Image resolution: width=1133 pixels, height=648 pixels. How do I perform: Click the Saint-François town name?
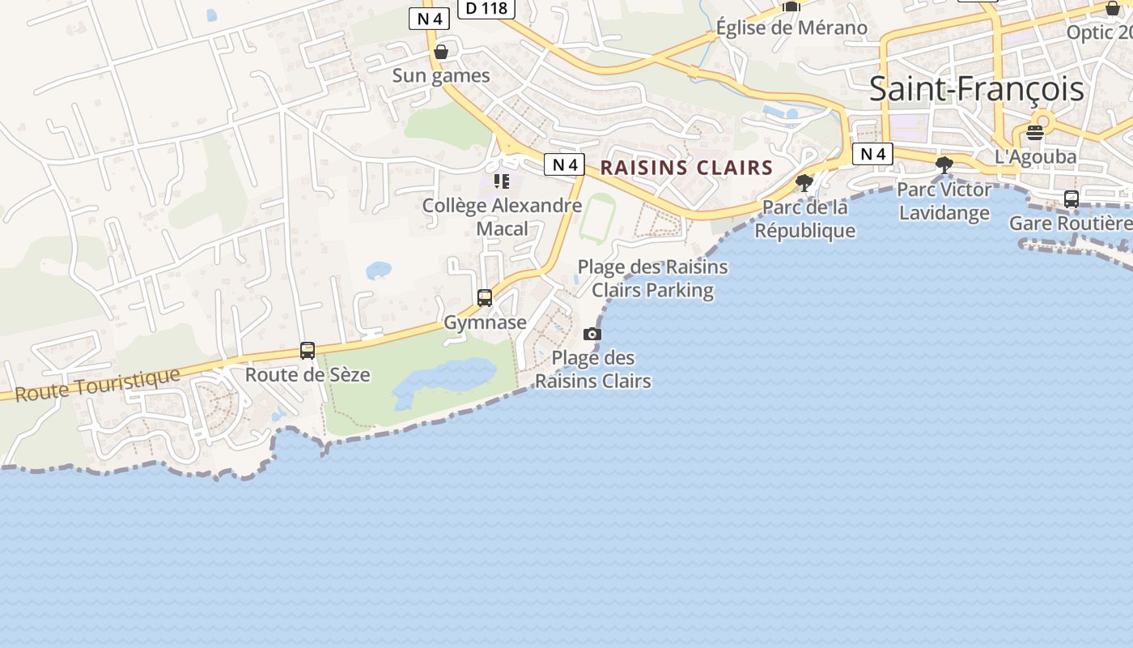pyautogui.click(x=976, y=89)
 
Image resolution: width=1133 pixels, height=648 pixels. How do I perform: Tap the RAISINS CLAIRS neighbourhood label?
pyautogui.click(x=686, y=168)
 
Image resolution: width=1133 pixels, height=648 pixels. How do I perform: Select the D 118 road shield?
pyautogui.click(x=486, y=8)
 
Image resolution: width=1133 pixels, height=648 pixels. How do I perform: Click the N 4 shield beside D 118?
pyautogui.click(x=429, y=19)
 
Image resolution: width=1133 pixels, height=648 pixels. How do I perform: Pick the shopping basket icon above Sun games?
pyautogui.click(x=441, y=53)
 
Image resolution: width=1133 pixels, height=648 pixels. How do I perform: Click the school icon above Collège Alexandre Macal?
pyautogui.click(x=502, y=181)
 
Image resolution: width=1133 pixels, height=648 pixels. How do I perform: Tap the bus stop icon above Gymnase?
pyautogui.click(x=485, y=298)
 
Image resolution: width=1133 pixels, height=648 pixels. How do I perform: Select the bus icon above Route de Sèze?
pyautogui.click(x=308, y=351)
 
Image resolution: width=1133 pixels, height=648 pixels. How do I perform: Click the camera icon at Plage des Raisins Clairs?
pyautogui.click(x=592, y=335)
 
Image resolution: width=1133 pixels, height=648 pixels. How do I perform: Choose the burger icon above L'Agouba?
pyautogui.click(x=1035, y=133)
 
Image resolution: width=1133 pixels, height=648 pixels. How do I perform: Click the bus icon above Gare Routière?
pyautogui.click(x=1071, y=199)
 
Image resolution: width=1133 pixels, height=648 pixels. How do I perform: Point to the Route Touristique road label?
pyautogui.click(x=97, y=384)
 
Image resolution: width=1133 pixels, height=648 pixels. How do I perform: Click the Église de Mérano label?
pyautogui.click(x=791, y=28)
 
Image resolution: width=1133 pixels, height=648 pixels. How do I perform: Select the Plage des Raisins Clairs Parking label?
pyautogui.click(x=652, y=278)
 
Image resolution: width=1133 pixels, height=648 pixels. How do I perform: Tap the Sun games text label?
pyautogui.click(x=441, y=75)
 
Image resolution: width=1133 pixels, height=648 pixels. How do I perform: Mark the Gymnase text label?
pyautogui.click(x=485, y=322)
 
